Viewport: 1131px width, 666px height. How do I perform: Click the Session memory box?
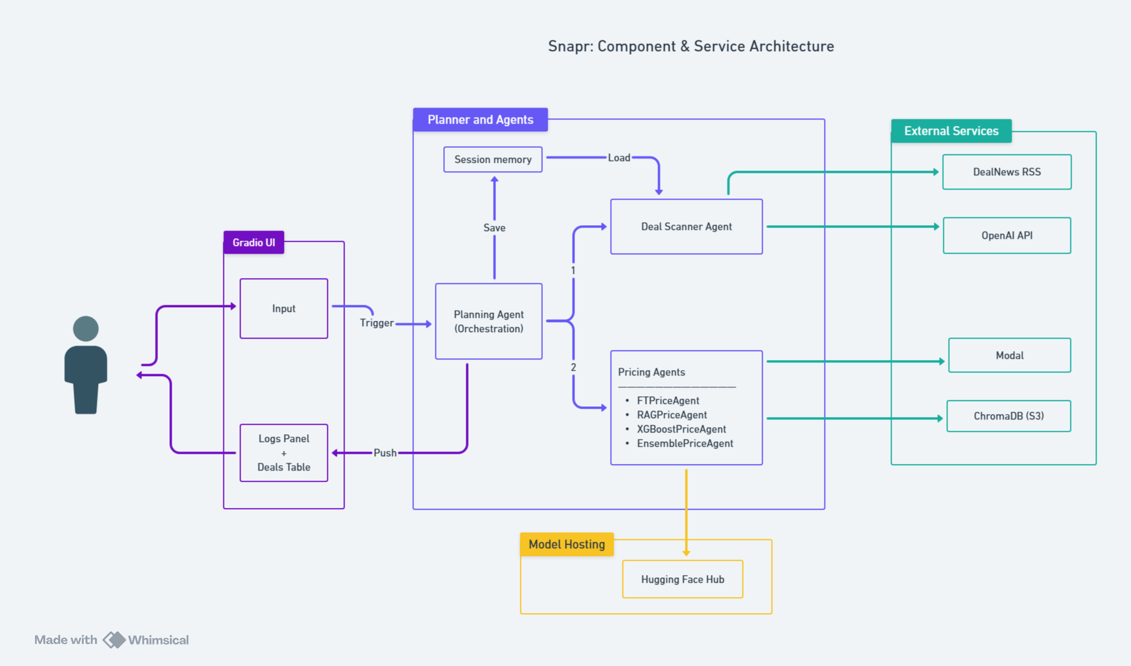point(492,159)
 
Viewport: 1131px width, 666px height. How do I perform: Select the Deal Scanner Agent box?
point(686,226)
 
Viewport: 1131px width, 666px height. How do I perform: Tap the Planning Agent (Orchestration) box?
point(488,321)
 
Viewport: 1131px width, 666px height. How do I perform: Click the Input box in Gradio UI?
point(283,308)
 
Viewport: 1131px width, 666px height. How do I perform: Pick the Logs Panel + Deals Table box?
point(283,453)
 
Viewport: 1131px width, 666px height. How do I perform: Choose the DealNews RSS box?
point(1006,172)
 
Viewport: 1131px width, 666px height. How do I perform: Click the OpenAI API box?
point(1006,235)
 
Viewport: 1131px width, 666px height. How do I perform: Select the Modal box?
point(1009,355)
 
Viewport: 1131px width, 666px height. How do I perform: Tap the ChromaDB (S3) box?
point(1008,416)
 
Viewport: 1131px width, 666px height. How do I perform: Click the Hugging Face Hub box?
point(682,579)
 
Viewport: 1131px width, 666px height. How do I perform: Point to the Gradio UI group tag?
point(254,242)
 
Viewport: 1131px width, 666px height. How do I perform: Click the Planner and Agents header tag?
point(480,119)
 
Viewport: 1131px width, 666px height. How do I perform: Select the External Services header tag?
point(950,131)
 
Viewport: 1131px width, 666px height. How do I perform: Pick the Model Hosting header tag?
point(566,544)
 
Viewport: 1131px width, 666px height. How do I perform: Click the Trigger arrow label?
point(377,323)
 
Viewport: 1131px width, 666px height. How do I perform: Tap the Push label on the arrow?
point(385,453)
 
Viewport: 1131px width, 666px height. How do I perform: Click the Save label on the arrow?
point(494,228)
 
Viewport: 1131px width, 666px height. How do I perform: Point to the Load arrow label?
point(618,157)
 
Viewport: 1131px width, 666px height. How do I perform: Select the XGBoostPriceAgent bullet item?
point(681,429)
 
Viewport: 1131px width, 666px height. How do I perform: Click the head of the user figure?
point(86,329)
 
